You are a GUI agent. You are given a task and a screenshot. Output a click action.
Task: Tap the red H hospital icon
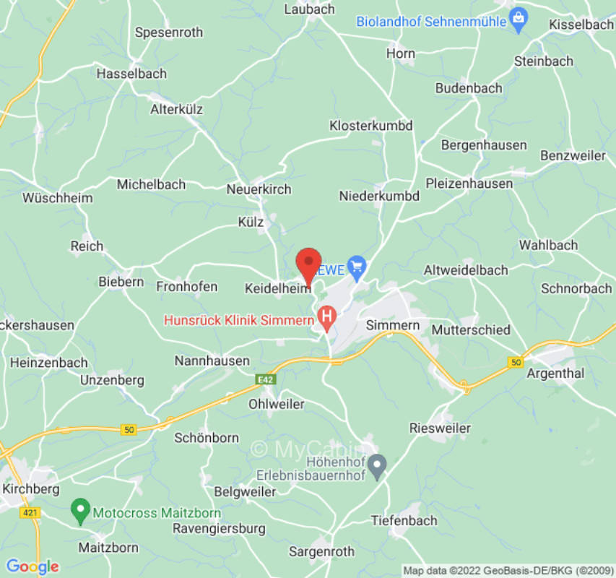[327, 316]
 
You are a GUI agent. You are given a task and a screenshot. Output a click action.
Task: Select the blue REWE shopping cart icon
[356, 268]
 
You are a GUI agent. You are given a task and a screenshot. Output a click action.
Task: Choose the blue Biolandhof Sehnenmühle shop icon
[518, 20]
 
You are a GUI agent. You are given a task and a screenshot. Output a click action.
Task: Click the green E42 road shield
[266, 378]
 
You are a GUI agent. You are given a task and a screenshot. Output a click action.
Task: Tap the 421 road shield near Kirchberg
[30, 512]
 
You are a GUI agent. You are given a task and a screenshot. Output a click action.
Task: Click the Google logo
[32, 566]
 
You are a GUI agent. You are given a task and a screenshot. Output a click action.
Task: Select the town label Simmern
[393, 325]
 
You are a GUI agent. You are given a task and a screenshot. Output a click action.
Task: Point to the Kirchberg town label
[31, 489]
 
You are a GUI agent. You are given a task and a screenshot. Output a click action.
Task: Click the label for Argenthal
[555, 374]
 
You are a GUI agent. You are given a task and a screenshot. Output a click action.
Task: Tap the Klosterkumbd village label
[370, 126]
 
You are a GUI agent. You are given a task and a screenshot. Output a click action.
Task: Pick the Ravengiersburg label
[219, 528]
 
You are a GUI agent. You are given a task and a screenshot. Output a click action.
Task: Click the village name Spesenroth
[169, 33]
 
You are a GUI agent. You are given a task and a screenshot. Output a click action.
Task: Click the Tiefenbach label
[404, 520]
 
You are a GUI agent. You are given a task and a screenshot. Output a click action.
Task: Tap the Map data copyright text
[506, 571]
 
